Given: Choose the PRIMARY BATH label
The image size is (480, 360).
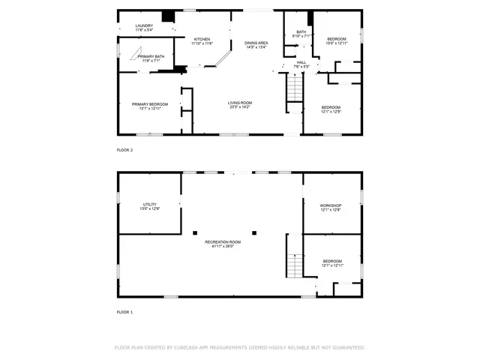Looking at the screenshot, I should tap(151, 58).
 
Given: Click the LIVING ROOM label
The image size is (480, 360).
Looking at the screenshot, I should tap(240, 104).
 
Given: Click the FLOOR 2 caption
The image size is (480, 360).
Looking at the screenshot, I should tap(124, 150).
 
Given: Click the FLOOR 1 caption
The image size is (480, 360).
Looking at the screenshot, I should tap(124, 311).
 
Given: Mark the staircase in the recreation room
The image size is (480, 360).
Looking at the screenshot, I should tap(295, 264).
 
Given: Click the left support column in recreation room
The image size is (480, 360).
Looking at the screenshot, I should tap(194, 232).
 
